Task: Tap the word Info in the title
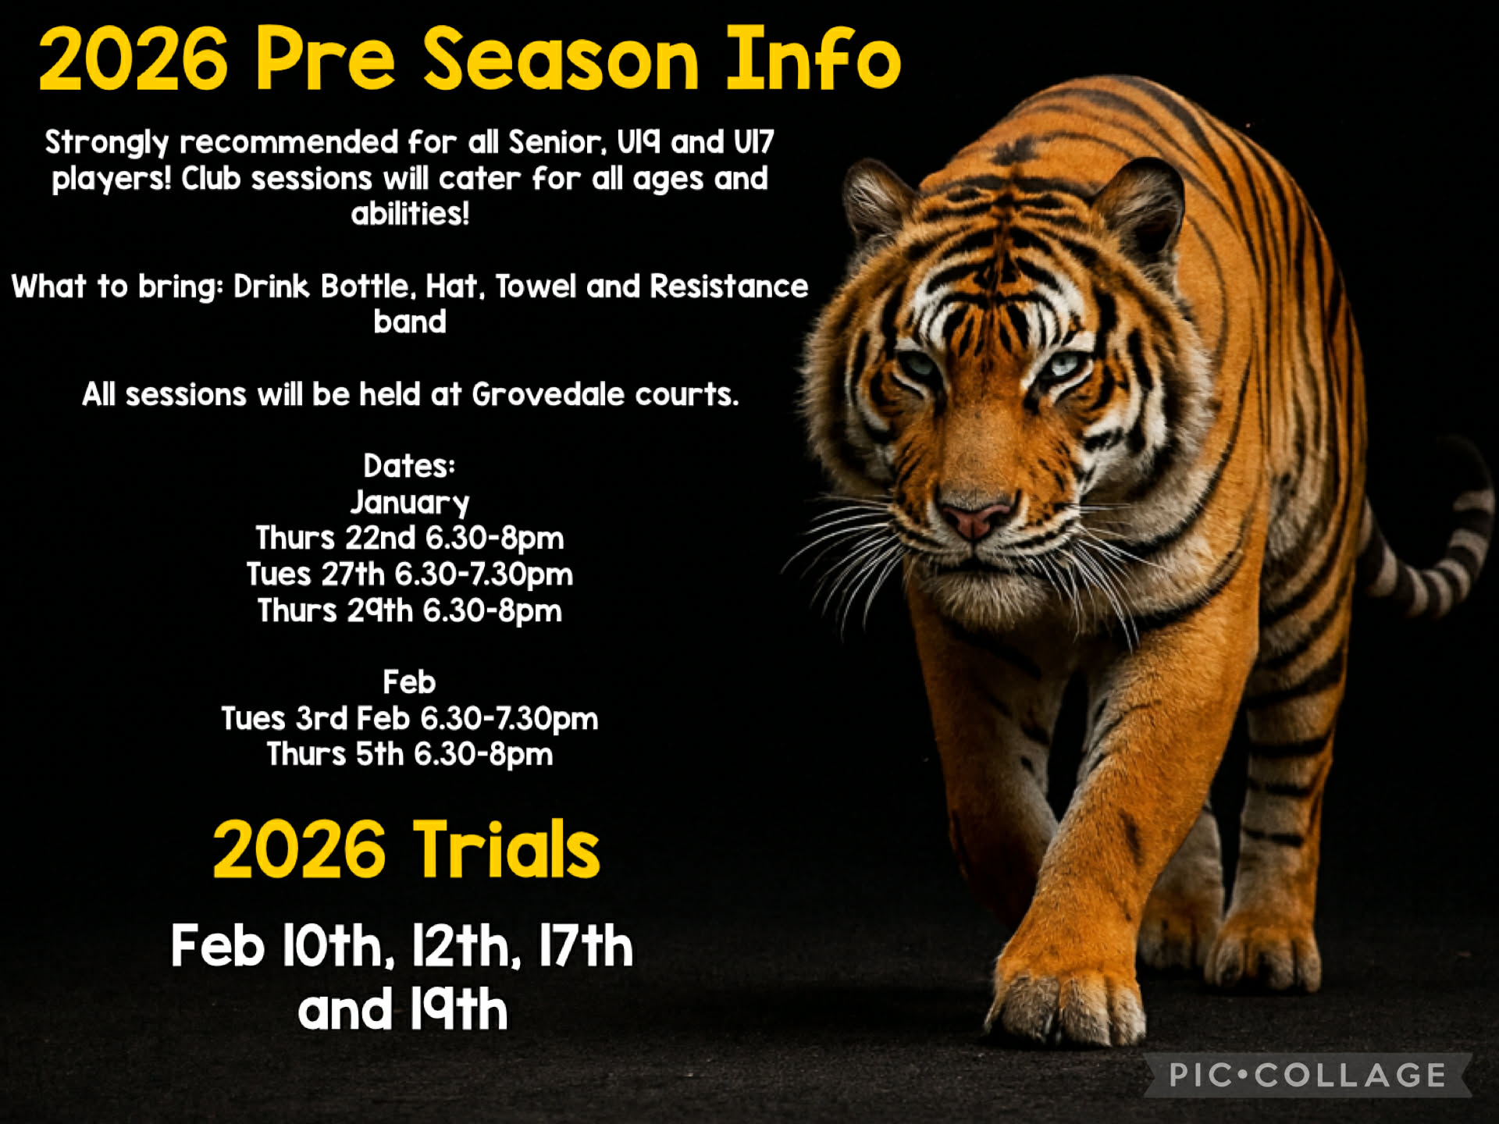[x=814, y=59]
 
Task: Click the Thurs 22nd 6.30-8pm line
[x=410, y=539]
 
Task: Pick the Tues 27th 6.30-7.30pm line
[x=410, y=575]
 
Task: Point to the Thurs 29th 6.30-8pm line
[x=410, y=611]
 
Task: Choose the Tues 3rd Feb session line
[x=410, y=719]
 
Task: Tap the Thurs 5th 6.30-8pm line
[x=410, y=755]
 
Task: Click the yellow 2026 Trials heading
[x=406, y=850]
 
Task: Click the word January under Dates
[x=410, y=503]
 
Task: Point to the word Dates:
[x=409, y=467]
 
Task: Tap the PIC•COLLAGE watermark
[x=1308, y=1076]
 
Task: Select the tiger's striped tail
[x=1437, y=570]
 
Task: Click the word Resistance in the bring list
[x=728, y=287]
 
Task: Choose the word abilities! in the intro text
[x=410, y=214]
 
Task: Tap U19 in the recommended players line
[x=638, y=143]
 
